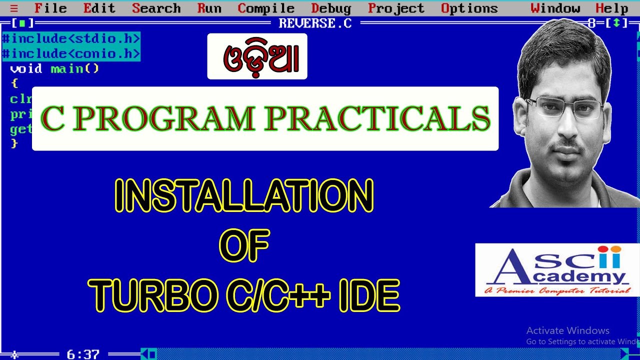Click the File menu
(x=50, y=8)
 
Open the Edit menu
(x=99, y=8)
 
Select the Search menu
(x=156, y=8)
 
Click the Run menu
(x=209, y=8)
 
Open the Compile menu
(x=266, y=8)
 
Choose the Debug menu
(x=331, y=8)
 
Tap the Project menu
(x=396, y=8)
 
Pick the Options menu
(x=469, y=8)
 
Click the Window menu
(x=555, y=8)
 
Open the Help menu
(x=611, y=8)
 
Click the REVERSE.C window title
(x=315, y=23)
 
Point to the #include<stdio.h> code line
(x=71, y=38)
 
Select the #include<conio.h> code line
(x=71, y=53)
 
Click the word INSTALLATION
(x=244, y=196)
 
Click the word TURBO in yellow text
(x=153, y=295)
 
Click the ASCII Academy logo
(x=557, y=270)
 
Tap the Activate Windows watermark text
(x=567, y=330)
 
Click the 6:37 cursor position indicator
(x=83, y=354)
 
